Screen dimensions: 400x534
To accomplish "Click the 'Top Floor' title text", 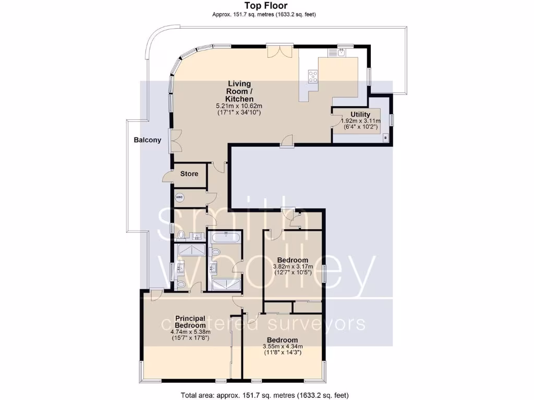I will point(266,6).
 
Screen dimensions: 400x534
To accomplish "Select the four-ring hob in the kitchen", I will point(314,77).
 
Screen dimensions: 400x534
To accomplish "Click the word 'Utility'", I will point(360,115).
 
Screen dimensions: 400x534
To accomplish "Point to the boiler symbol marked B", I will point(385,137).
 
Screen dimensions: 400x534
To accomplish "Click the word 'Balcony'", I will point(147,140).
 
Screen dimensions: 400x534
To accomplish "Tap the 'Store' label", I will point(189,173).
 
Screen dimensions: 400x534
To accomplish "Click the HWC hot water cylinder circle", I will point(180,197).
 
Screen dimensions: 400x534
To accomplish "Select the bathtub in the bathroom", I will point(225,239).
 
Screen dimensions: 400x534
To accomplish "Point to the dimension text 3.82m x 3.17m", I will point(292,267).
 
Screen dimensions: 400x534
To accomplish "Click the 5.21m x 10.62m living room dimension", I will point(239,106).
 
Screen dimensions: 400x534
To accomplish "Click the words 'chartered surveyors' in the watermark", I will point(263,323).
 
